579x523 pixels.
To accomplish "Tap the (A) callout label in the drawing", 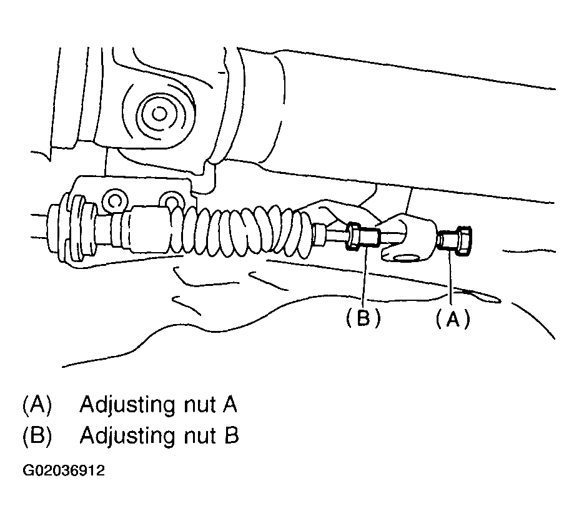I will click(452, 319).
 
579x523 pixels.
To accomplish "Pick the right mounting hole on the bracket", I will click(171, 200).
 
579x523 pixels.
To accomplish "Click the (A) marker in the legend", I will click(36, 405).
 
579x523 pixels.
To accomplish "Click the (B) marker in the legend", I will click(36, 435).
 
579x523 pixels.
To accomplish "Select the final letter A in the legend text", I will click(229, 405).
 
